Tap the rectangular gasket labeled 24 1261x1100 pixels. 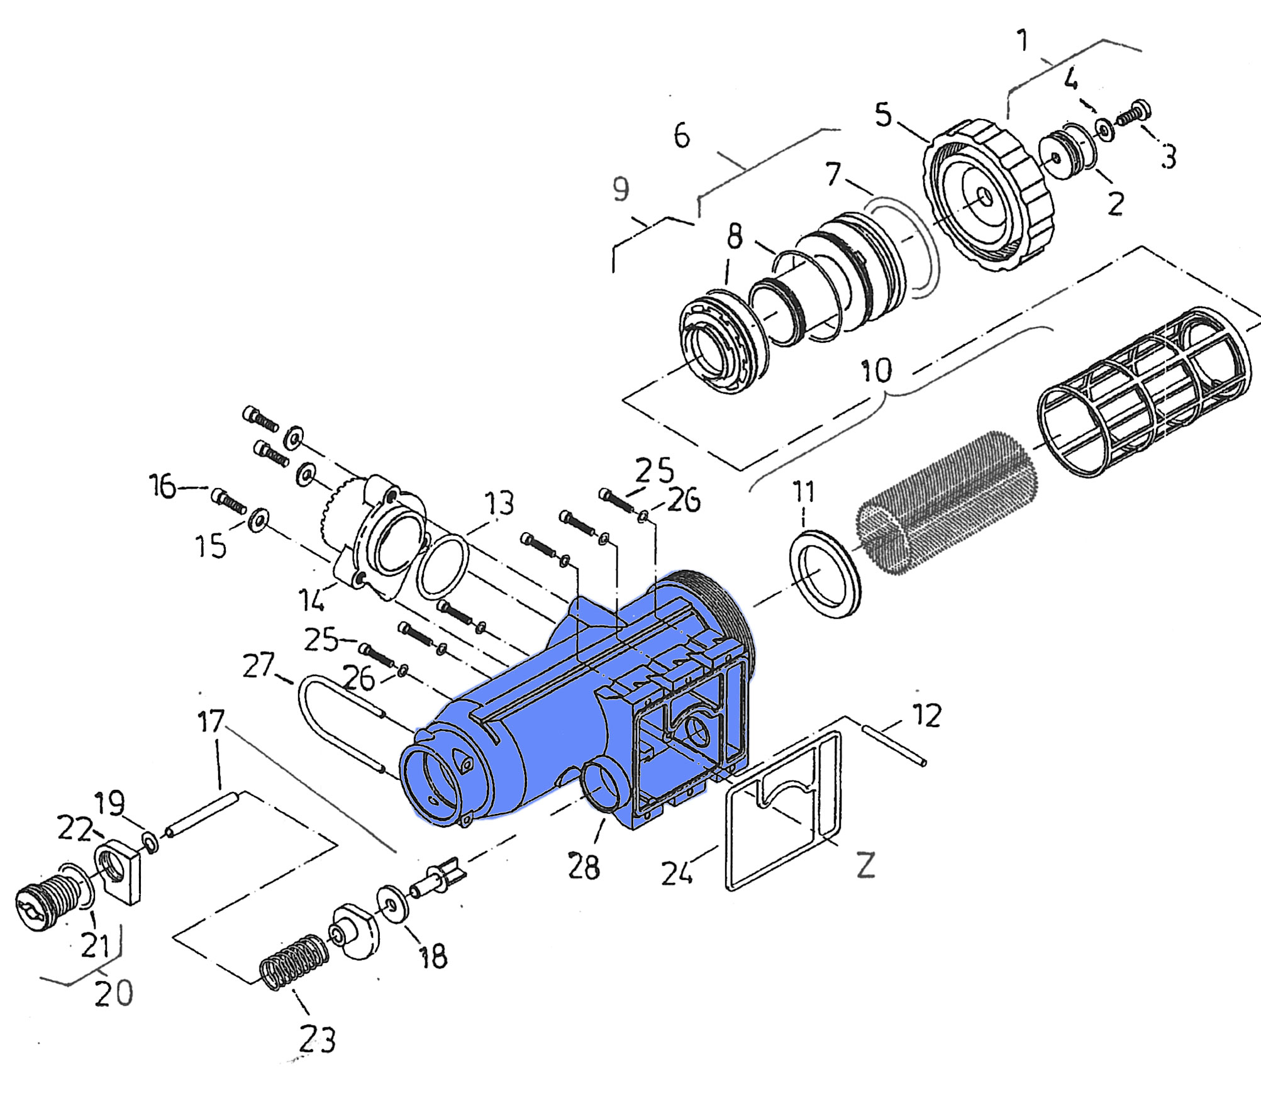click(x=784, y=811)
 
